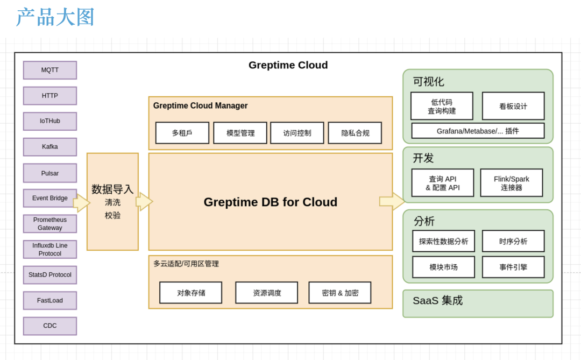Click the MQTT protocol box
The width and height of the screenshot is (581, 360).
tap(50, 70)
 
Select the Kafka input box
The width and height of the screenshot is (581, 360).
tap(50, 147)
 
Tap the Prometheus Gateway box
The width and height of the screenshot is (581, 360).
tap(50, 224)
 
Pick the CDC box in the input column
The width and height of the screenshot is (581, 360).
tap(50, 326)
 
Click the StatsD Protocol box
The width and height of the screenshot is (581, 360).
tap(50, 275)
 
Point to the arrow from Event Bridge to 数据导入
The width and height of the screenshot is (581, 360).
tap(81, 203)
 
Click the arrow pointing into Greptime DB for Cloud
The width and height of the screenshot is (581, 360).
tap(144, 202)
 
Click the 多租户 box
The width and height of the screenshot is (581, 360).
tap(182, 133)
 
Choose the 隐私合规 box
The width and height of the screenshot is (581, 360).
tap(355, 133)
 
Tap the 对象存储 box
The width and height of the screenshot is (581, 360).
tap(190, 293)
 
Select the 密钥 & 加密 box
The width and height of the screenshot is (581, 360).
tap(340, 293)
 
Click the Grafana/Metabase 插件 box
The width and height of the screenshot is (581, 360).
tap(478, 131)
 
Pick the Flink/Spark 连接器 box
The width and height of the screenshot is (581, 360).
tap(512, 183)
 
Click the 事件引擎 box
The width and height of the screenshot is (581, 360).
tap(513, 267)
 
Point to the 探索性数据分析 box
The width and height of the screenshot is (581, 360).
tap(444, 241)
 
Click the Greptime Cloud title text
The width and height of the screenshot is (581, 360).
tap(288, 65)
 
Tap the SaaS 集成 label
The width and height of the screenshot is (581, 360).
tap(437, 301)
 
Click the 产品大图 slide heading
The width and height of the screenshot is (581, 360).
tap(55, 17)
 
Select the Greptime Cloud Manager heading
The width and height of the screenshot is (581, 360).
tap(200, 106)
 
